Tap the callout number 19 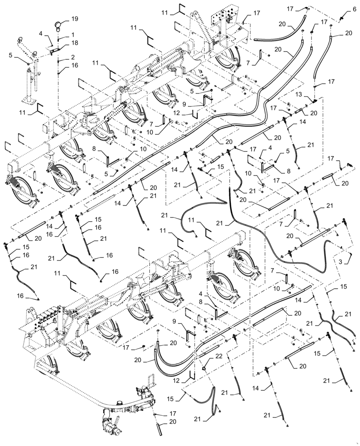[x=74, y=19]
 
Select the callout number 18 [x=74, y=43]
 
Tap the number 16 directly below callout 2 [x=74, y=66]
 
